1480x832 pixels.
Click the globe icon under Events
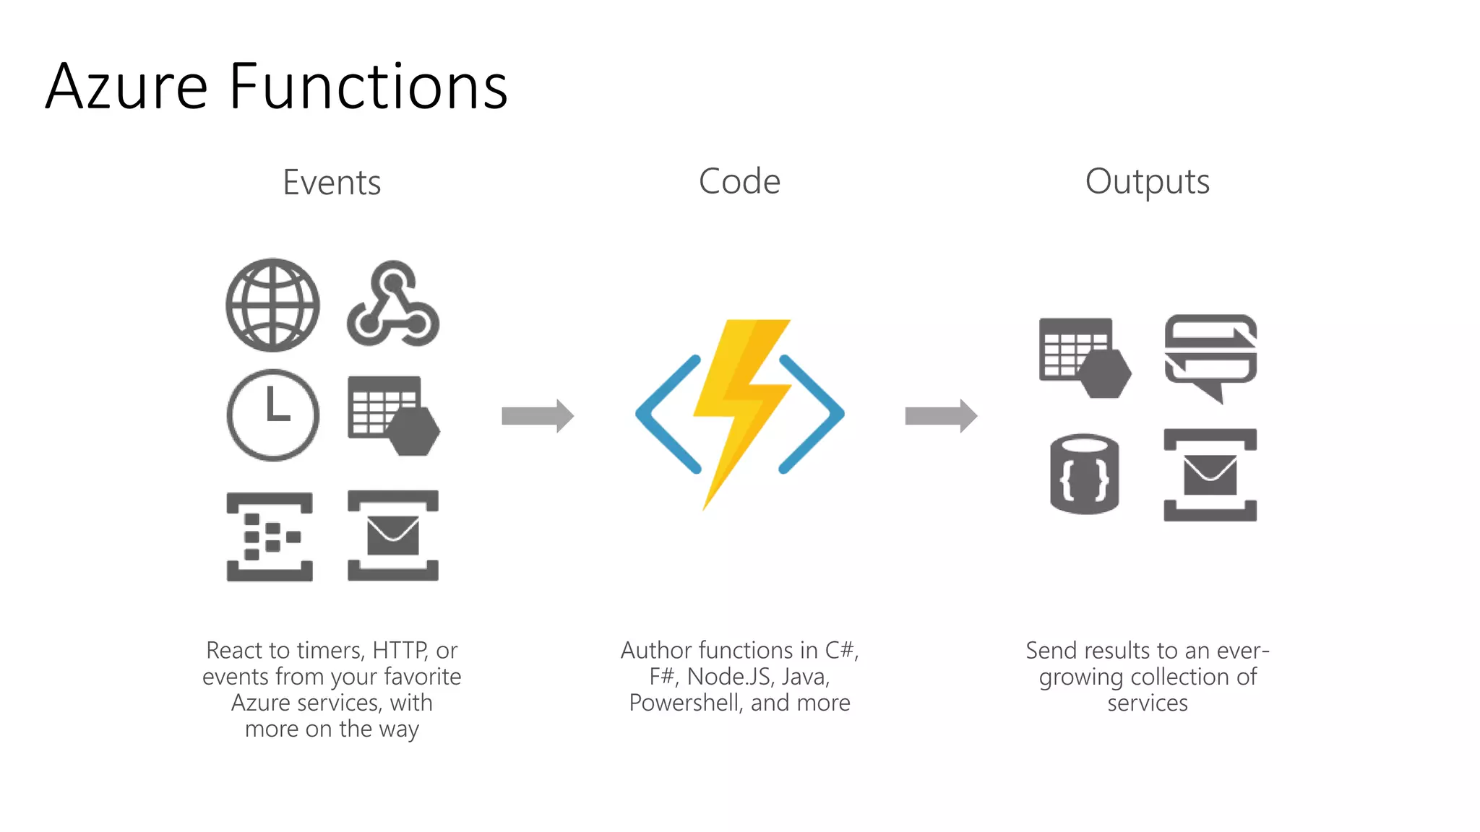tap(272, 305)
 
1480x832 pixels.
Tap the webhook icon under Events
tap(393, 305)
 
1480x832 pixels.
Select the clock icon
tap(272, 415)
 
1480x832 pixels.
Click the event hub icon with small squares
tap(270, 537)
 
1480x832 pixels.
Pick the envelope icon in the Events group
tap(393, 535)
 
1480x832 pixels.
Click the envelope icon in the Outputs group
tap(1210, 474)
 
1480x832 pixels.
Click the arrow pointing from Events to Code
tap(538, 415)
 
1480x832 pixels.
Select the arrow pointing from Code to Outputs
tap(941, 415)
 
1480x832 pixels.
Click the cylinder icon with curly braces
tap(1084, 474)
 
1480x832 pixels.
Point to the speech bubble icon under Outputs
tap(1210, 355)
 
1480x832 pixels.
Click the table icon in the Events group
tap(393, 415)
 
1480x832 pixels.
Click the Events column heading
tap(332, 182)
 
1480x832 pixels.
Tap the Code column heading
tap(739, 181)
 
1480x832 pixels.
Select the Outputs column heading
tap(1147, 182)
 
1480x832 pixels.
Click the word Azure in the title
tap(127, 87)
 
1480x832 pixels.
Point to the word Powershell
tap(686, 703)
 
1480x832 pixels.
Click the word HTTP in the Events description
tap(399, 651)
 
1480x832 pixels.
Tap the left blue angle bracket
tap(668, 414)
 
